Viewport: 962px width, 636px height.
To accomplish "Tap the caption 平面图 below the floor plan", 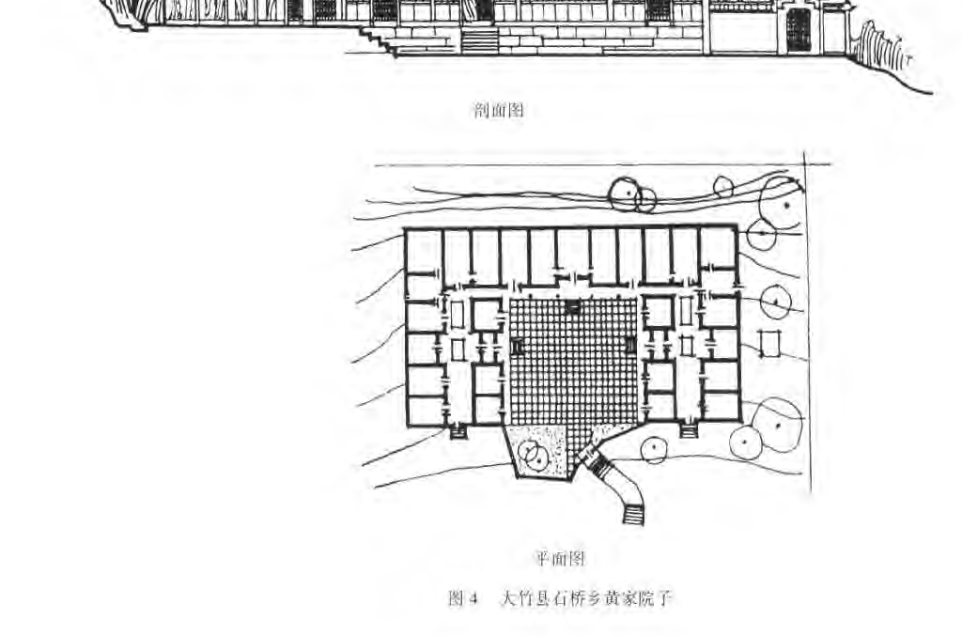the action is pyautogui.click(x=561, y=559).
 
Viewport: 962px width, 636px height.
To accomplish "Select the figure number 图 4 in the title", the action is pyautogui.click(x=464, y=598).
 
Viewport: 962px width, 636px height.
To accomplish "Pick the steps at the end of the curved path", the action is pyautogui.click(x=632, y=514).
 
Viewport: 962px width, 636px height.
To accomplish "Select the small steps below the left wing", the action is pyautogui.click(x=458, y=431).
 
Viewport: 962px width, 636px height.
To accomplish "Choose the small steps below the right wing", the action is pyautogui.click(x=689, y=430).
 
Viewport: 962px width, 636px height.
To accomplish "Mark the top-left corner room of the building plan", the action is pyautogui.click(x=423, y=250).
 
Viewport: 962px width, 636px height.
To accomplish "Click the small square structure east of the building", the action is pyautogui.click(x=770, y=344).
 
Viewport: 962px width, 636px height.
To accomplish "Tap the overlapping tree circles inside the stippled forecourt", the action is pyautogui.click(x=534, y=456).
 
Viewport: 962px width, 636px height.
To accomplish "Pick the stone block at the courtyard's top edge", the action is pyautogui.click(x=573, y=306).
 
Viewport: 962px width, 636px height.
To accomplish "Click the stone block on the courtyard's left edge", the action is pyautogui.click(x=516, y=346).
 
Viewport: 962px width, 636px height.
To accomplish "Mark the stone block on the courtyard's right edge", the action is pyautogui.click(x=630, y=346).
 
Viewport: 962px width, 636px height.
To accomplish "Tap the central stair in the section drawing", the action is pyautogui.click(x=479, y=40).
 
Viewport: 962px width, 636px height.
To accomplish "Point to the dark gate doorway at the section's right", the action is pyautogui.click(x=798, y=30).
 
